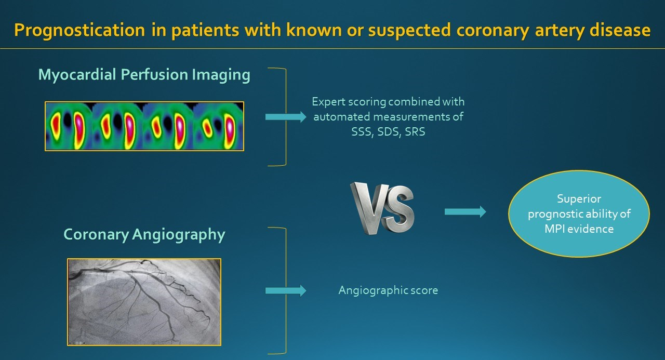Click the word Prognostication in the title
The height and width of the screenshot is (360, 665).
point(79,31)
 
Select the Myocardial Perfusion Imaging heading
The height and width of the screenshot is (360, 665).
point(144,75)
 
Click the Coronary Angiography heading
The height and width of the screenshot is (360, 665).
point(144,235)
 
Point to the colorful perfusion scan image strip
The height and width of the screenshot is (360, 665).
point(144,126)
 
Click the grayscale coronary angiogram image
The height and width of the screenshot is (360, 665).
point(144,302)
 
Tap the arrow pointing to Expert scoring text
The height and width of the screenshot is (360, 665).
point(286,117)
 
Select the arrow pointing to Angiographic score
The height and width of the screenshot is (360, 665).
point(286,290)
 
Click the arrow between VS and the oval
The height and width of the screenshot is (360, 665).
point(465,211)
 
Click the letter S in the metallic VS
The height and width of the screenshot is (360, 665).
point(398,209)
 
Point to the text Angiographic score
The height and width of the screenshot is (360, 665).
point(388,290)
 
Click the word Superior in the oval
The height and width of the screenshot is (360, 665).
point(579,199)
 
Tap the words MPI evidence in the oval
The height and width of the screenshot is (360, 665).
point(579,229)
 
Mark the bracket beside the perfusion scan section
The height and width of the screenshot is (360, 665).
point(286,117)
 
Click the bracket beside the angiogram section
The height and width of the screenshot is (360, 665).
point(286,290)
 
